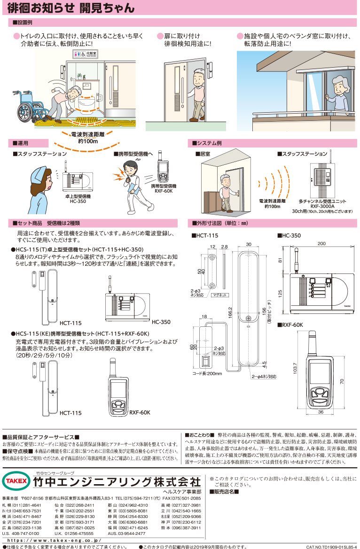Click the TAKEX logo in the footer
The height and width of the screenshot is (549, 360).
click(16, 481)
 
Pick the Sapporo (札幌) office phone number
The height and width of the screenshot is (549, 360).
click(28, 505)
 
